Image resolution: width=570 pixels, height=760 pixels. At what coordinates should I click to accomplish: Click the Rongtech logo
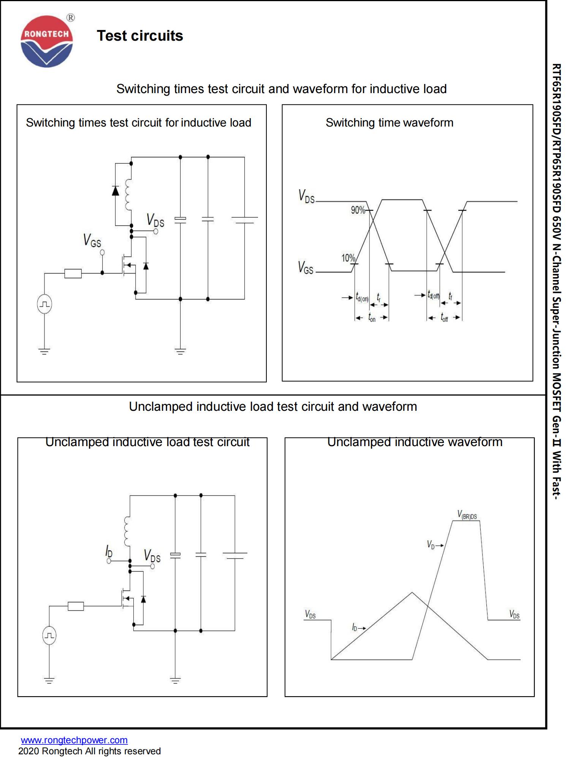coord(46,41)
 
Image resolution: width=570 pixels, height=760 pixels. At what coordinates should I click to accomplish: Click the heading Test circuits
coord(140,36)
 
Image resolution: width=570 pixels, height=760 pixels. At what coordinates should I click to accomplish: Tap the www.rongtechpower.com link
coord(74,740)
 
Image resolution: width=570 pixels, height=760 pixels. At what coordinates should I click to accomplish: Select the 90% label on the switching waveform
coord(358,210)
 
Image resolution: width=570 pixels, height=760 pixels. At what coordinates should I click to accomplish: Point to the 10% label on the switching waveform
coord(348,258)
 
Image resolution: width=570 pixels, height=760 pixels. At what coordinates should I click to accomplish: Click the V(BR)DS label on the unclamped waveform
coord(467,515)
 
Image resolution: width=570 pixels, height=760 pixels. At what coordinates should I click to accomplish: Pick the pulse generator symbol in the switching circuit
coord(44,304)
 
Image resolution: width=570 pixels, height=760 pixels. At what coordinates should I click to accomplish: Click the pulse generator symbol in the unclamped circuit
coord(49,635)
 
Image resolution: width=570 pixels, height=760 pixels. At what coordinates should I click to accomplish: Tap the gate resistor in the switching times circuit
coord(73,273)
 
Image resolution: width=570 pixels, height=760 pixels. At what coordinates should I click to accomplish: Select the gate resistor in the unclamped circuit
coord(76,606)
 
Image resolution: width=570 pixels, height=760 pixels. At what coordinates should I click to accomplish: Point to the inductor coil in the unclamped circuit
coord(127,531)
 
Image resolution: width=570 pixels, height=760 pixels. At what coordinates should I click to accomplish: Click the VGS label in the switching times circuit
coord(92,241)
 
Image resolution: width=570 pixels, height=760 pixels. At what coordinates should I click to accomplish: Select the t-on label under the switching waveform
coord(372,318)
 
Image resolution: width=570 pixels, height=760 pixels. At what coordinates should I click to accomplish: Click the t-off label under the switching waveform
coord(444,318)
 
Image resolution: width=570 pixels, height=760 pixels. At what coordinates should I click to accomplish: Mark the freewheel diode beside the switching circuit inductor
coord(116,190)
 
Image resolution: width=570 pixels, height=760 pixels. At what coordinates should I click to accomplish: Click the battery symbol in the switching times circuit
coord(244,220)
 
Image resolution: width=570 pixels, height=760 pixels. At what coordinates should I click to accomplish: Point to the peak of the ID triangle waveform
coord(412,592)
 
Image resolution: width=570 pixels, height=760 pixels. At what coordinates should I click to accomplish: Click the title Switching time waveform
coord(389,123)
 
